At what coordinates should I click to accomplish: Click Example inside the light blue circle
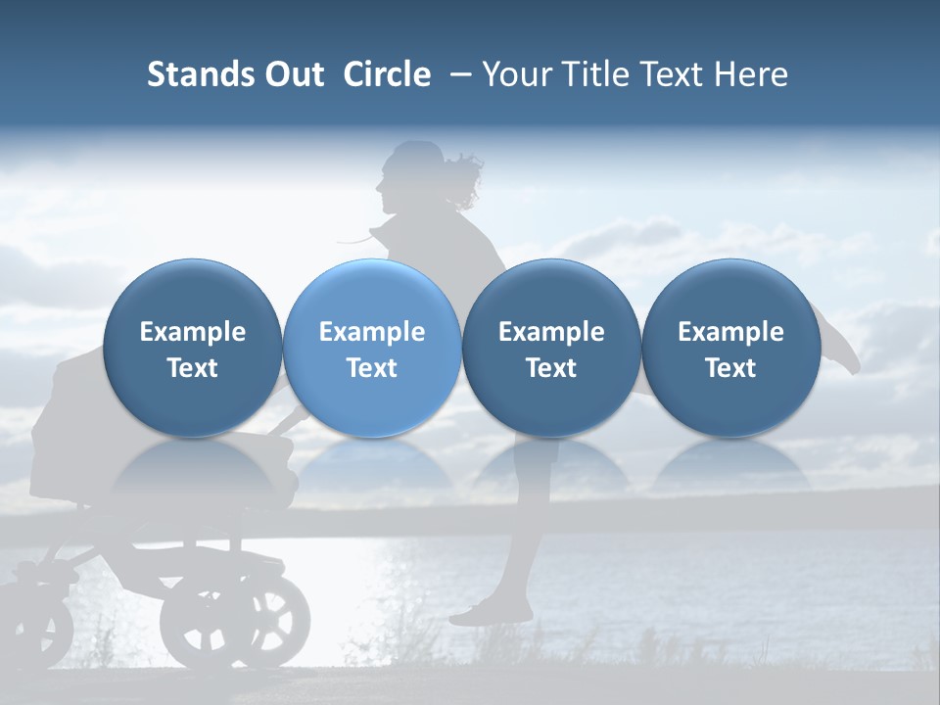pyautogui.click(x=372, y=332)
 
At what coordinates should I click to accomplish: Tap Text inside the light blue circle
pyautogui.click(x=372, y=368)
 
